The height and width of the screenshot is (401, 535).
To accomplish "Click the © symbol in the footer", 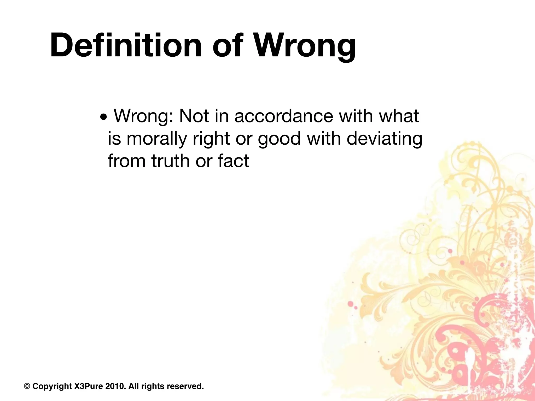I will [x=27, y=386].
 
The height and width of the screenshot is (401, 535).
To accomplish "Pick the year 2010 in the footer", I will [x=115, y=386].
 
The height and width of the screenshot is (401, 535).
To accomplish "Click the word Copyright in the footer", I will [x=52, y=386].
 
